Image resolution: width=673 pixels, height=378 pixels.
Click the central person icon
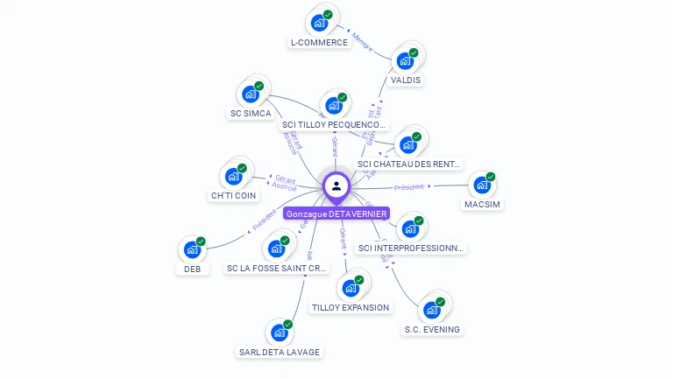[x=336, y=185]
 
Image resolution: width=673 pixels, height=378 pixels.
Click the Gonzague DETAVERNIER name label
[x=336, y=213]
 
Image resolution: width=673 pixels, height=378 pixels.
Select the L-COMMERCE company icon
[x=320, y=22]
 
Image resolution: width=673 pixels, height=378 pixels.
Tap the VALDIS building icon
[x=405, y=60]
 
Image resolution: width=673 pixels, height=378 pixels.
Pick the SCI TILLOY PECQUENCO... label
[x=335, y=125]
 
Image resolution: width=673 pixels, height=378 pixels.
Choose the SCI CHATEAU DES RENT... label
[x=409, y=164]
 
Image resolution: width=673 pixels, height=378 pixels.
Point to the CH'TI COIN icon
[x=234, y=176]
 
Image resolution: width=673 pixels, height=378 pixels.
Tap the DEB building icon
[x=192, y=250]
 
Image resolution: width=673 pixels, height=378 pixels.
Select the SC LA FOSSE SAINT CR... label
[x=277, y=268]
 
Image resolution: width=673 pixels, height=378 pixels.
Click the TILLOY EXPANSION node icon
[x=351, y=288]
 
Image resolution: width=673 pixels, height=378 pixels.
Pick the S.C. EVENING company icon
[x=431, y=310]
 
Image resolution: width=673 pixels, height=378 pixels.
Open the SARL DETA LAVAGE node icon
[x=280, y=332]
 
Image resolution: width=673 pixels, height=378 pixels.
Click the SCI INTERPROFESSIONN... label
[x=412, y=248]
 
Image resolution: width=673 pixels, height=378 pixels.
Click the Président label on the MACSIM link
[x=409, y=186]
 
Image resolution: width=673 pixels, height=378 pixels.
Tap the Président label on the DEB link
[x=264, y=220]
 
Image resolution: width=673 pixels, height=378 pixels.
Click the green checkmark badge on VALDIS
[x=414, y=52]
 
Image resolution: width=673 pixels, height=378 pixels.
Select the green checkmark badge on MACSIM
[x=491, y=177]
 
